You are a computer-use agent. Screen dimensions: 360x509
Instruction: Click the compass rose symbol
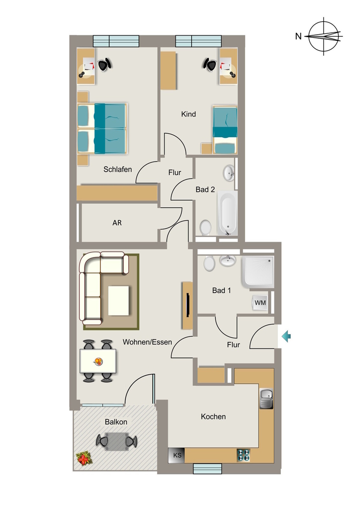(324, 36)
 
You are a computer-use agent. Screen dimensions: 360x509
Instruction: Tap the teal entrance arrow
(286, 336)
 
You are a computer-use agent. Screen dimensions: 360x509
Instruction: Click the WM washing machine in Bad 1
(260, 303)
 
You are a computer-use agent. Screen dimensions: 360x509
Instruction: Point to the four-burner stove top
(244, 455)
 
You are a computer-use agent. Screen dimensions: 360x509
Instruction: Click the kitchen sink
(266, 399)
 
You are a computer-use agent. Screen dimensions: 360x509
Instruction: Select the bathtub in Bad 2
(227, 213)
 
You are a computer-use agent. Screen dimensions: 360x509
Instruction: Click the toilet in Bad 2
(205, 228)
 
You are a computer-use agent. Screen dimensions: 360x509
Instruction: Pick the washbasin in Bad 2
(229, 173)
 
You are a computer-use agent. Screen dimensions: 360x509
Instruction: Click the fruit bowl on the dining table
(98, 361)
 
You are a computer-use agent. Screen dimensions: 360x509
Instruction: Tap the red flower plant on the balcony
(84, 459)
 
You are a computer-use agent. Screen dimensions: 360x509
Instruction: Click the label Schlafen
(117, 169)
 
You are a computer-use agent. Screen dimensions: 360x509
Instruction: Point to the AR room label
(117, 223)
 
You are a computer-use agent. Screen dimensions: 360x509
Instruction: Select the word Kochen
(213, 417)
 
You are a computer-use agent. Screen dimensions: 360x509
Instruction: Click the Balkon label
(116, 422)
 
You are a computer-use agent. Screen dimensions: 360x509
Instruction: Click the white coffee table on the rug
(119, 300)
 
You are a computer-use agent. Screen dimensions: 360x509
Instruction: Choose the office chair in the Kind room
(210, 65)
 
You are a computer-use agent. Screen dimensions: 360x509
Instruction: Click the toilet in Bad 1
(209, 263)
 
